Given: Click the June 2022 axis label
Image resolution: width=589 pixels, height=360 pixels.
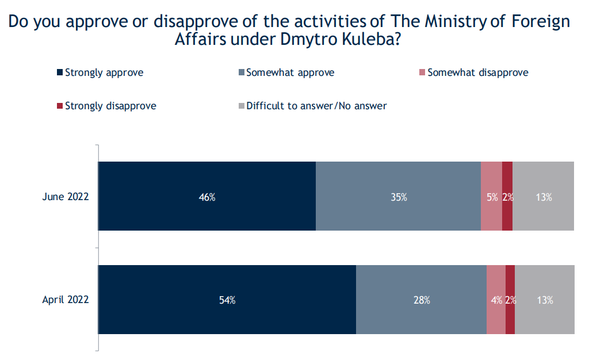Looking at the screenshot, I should [x=66, y=197].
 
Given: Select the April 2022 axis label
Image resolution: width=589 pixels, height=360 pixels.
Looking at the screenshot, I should [x=66, y=300].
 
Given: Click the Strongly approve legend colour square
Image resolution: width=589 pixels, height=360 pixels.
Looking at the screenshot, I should [x=59, y=73].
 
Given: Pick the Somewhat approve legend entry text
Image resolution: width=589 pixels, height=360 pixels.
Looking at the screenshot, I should [x=290, y=73].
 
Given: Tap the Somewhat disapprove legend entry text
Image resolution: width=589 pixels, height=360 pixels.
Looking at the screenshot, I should [x=477, y=73].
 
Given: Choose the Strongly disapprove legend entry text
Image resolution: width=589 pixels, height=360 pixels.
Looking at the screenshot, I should [x=110, y=106].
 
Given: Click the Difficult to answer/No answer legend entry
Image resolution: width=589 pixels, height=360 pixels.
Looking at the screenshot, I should [x=316, y=106].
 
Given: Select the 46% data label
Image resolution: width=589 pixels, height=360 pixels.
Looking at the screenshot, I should [x=207, y=197].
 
